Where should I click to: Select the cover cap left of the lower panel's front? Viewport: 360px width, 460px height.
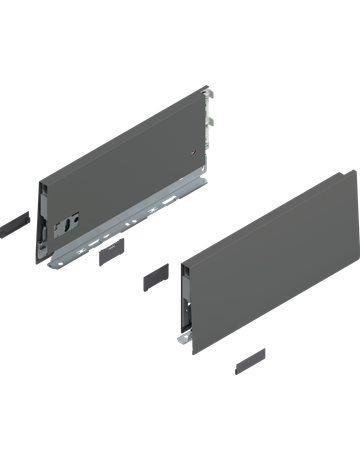coord(155,274)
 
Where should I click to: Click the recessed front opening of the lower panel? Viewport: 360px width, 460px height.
coord(184,300)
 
